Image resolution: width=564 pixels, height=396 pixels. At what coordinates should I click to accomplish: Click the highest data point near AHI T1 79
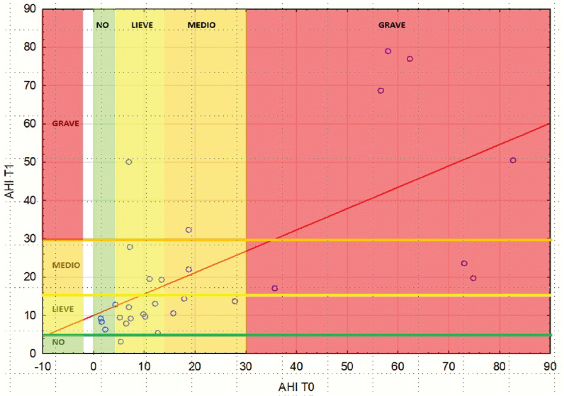coord(388,51)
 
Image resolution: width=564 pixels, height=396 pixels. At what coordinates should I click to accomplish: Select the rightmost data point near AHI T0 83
coord(513,160)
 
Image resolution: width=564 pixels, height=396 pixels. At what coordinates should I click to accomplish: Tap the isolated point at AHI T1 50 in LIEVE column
coord(129,162)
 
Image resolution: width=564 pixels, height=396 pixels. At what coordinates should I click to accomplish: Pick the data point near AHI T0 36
coord(275,288)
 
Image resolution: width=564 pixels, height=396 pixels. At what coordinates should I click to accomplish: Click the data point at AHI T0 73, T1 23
coord(464,264)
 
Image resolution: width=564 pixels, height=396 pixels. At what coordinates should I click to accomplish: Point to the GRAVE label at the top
coord(392,25)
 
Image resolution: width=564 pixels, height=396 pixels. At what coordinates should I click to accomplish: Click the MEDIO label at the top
coord(202,25)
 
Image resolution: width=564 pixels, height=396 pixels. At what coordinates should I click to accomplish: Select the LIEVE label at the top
coord(142,25)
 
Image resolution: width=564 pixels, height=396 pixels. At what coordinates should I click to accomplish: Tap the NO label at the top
coord(102,25)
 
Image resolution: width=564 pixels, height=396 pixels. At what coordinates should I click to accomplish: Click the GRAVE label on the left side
coord(65,124)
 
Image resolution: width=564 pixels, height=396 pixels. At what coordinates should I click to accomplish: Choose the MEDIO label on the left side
coord(66,266)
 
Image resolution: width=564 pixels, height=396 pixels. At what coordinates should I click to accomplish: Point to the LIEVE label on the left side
coord(63,309)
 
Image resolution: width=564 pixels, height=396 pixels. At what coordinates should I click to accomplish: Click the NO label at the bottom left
coord(58,342)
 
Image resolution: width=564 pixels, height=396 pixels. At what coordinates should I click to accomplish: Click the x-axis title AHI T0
coord(296,387)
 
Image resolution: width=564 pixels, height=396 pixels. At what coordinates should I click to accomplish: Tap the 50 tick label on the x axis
coord(347,366)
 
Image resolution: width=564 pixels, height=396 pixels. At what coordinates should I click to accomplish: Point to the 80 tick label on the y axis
coord(30,47)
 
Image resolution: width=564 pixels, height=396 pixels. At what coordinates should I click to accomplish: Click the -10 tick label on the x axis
coord(42,366)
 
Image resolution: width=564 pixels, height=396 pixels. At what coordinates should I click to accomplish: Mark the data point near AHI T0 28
coord(235,301)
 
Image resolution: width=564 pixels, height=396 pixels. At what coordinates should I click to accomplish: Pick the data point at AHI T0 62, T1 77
coord(410,59)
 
